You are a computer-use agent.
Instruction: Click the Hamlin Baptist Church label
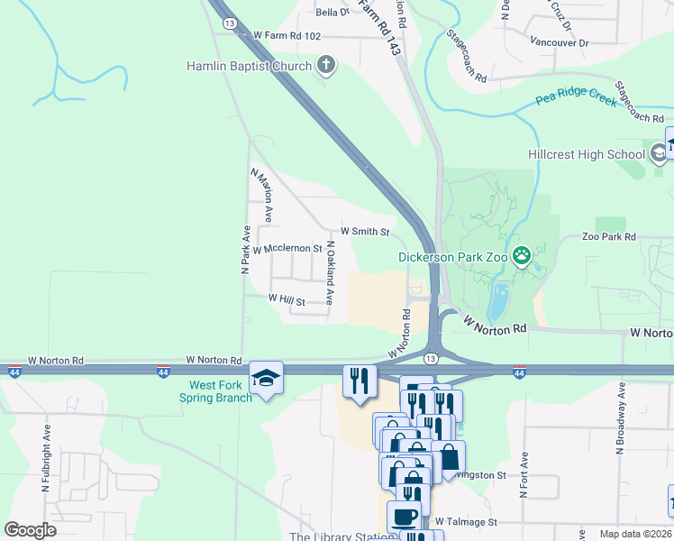point(249,66)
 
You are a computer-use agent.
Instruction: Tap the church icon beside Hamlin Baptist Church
point(326,65)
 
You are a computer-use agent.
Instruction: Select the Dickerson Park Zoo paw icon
point(522,257)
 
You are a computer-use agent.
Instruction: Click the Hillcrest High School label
point(586,154)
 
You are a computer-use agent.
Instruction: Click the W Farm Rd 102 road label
point(287,35)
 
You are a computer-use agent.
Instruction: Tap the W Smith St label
point(364,232)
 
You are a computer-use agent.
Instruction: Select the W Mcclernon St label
point(287,248)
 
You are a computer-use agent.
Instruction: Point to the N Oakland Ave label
point(330,271)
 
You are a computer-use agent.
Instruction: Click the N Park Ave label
point(243,249)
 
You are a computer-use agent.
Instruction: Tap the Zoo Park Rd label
point(609,236)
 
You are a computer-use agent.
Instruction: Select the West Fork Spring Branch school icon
point(267,378)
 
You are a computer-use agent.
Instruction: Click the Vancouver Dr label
point(559,42)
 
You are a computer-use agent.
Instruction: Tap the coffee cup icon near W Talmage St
point(403,518)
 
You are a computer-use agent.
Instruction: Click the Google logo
point(31,529)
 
